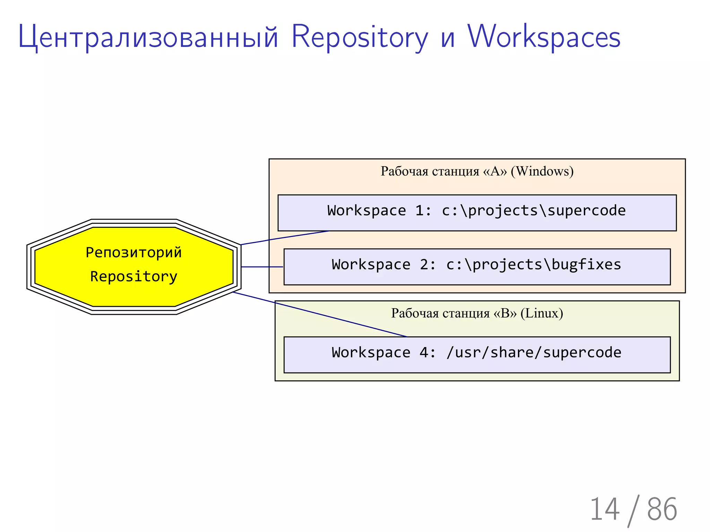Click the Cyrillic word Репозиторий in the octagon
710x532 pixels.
(133, 252)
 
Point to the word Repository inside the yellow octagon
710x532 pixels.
(133, 276)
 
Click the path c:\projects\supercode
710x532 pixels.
(534, 211)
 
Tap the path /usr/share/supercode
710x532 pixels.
(534, 353)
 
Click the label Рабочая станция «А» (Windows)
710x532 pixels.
(477, 171)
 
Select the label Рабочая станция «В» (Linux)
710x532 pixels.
(477, 313)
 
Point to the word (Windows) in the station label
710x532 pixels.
(542, 171)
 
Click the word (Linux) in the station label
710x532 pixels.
(542, 313)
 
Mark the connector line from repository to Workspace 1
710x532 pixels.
(284, 238)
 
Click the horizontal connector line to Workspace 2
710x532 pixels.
(262, 267)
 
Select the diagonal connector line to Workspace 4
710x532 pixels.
(319, 314)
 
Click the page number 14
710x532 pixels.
(605, 509)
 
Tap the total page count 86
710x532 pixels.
(662, 509)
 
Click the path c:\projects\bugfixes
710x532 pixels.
(534, 265)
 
